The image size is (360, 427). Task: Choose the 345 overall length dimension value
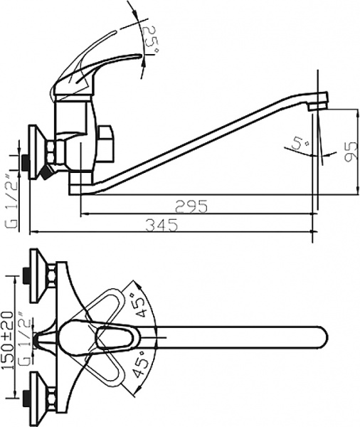pyautogui.click(x=162, y=224)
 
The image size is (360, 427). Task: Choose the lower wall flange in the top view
pyautogui.click(x=36, y=403)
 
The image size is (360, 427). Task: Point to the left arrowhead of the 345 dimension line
pyautogui.click(x=33, y=231)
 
